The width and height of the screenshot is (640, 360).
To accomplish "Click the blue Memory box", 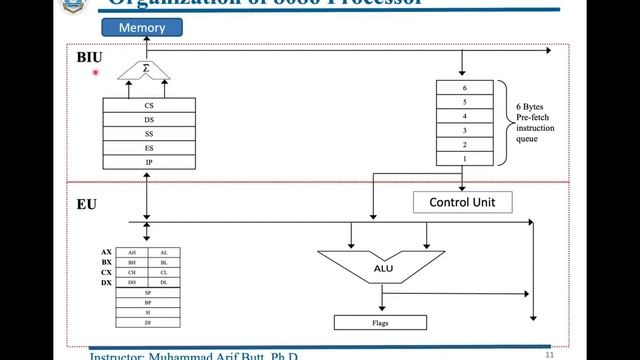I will pos(142,28).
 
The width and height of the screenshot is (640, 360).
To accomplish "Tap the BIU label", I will pos(89,57).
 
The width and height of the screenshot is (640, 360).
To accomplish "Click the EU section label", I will pos(87,203).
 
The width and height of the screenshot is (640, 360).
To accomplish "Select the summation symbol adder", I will pos(145,70).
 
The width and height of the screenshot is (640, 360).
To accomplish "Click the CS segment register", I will pos(149,104).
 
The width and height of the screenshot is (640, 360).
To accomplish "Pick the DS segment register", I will pos(149,119).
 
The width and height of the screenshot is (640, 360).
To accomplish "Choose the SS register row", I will pos(149,133).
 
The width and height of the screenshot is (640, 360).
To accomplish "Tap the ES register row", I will pos(149,148).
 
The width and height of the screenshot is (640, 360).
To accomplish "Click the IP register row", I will pos(149,162).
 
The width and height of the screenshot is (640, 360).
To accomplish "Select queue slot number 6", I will pos(463,88).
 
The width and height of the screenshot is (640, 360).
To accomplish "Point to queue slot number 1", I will pos(463,159).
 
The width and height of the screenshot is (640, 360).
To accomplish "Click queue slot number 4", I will pos(463,116).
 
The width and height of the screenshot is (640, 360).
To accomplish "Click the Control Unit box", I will pos(462,203).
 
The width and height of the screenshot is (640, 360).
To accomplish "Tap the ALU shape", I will pos(382,268).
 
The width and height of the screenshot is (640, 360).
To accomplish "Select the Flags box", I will pos(380,322).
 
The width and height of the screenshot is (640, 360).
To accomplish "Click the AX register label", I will pos(106,252).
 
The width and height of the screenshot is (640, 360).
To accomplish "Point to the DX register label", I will pos(106,283).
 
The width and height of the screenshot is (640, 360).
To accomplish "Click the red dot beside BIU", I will pos(96,72).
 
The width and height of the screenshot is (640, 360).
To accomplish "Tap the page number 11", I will pos(549,354).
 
